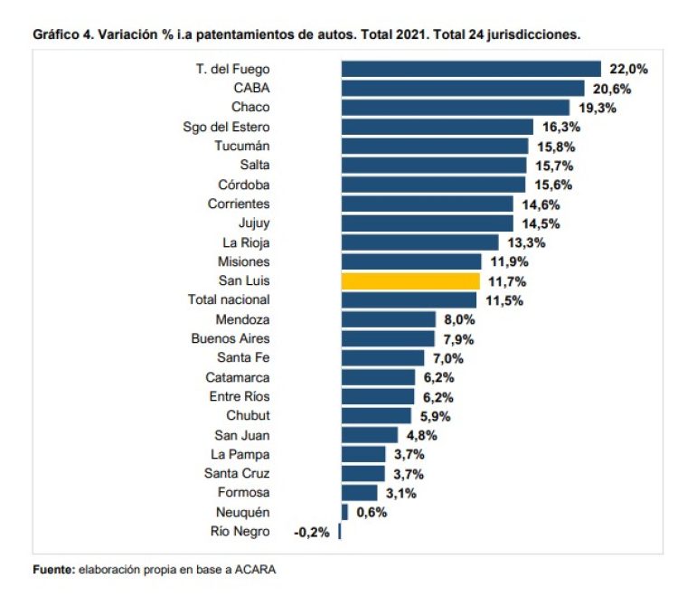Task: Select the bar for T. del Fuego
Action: (x=471, y=69)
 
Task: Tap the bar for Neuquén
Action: (x=344, y=512)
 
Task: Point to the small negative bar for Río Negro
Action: (x=340, y=532)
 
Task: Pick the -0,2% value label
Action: (x=312, y=532)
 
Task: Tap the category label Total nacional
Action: (x=229, y=299)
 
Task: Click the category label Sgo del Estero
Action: (x=226, y=127)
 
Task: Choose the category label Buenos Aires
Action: (x=230, y=338)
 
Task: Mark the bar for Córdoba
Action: (x=433, y=185)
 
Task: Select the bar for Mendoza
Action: (x=389, y=319)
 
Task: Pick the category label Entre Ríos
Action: (x=238, y=396)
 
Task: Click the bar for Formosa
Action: (x=359, y=493)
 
